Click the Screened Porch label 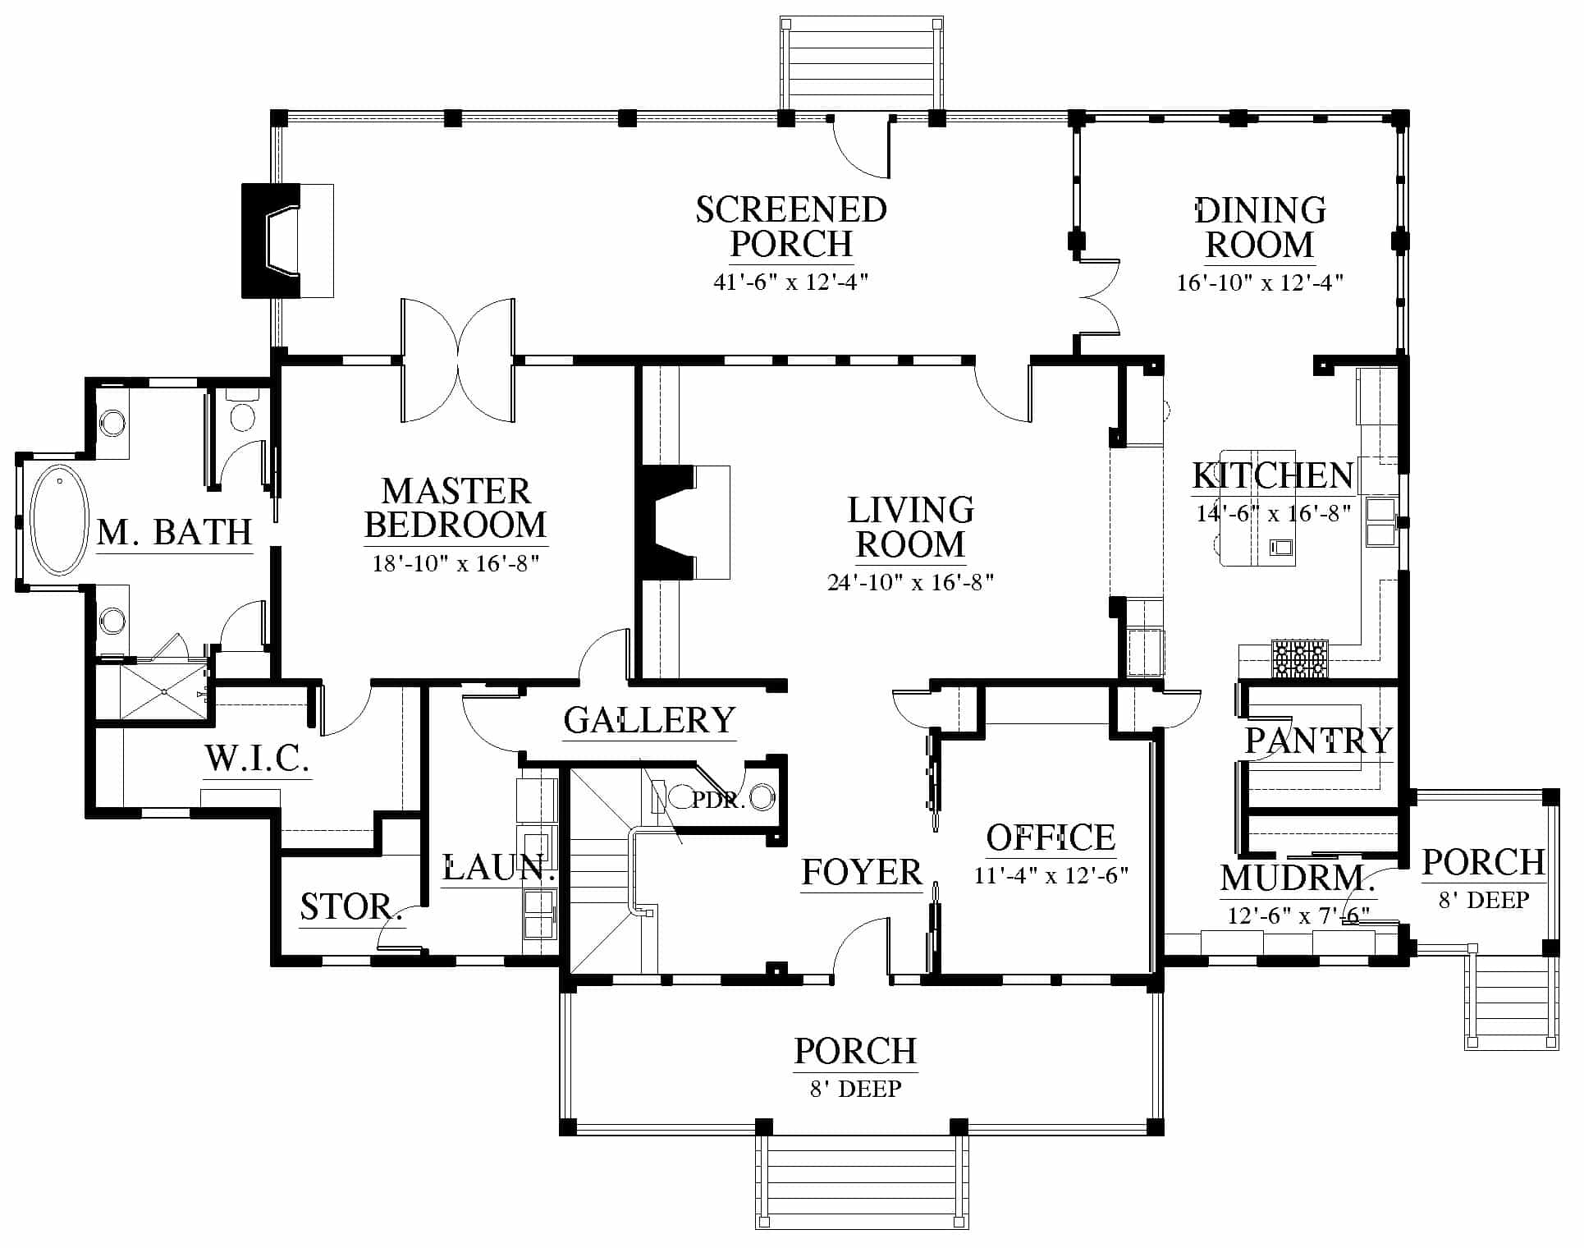point(791,227)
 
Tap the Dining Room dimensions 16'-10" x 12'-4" point(1260,282)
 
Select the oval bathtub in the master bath point(59,520)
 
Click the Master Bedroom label point(456,508)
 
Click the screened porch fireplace point(287,241)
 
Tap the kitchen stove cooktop point(1299,658)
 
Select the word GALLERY point(649,720)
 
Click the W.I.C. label point(257,759)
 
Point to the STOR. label point(350,907)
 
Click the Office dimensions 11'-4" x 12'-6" point(1051,875)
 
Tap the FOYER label point(862,872)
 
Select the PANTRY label point(1319,741)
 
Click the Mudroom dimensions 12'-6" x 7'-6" point(1298,915)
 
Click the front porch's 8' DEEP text point(856,1089)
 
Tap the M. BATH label point(174,533)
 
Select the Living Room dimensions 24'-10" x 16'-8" point(911,582)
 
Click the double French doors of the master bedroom point(458,361)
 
